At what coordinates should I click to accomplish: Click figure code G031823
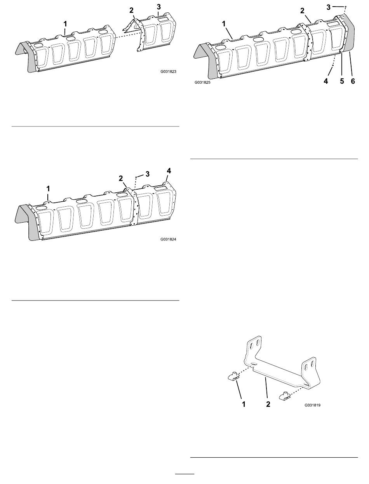168,72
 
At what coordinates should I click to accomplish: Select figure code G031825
203,83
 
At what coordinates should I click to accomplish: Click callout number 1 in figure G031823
65,24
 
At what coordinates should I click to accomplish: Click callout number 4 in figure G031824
169,170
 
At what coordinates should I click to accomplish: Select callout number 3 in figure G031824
147,174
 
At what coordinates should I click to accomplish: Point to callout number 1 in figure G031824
48,188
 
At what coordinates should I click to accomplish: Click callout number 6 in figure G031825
353,81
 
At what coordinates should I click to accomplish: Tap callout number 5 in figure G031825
341,81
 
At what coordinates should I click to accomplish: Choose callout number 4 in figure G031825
326,81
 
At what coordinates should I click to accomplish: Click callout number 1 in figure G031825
224,23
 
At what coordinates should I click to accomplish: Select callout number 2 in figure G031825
302,10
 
